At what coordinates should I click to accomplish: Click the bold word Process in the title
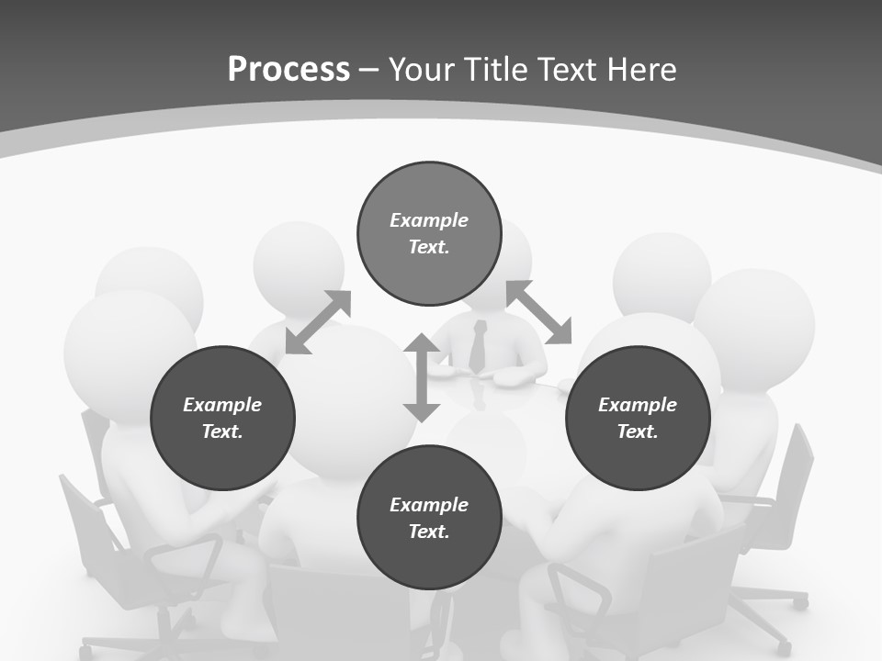(288, 70)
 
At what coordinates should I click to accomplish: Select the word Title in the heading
(497, 70)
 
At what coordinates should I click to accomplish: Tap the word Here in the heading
(642, 70)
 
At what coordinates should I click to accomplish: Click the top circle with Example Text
(429, 234)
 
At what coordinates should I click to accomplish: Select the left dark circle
(222, 419)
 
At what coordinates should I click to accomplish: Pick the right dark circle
(638, 419)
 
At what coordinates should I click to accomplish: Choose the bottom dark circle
(429, 518)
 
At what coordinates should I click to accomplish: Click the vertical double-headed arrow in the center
(422, 377)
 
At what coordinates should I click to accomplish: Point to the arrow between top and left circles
(318, 321)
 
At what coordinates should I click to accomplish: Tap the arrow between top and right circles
(539, 312)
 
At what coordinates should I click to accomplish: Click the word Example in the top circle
(429, 220)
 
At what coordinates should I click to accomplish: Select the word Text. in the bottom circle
(429, 532)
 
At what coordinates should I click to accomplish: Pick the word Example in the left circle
(222, 405)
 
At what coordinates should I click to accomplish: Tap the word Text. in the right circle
(638, 431)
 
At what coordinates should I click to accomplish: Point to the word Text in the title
(569, 70)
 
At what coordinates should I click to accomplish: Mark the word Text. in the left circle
(222, 431)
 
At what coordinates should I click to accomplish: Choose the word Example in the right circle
(638, 405)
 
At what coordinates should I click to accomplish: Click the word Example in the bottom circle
(429, 505)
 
